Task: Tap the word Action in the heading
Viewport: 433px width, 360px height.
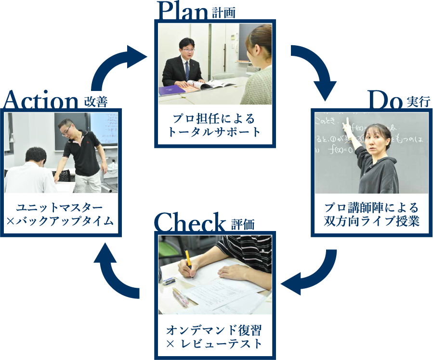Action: coord(40,102)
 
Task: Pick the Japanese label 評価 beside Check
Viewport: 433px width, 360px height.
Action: coord(242,224)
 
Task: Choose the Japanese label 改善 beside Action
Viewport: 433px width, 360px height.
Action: coord(95,102)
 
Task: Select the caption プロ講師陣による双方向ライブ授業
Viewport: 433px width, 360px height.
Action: coord(371,215)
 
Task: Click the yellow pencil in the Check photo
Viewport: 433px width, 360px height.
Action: coord(188,262)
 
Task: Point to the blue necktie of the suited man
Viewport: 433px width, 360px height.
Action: coord(186,70)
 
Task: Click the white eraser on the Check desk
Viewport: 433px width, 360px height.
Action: coord(168,281)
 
